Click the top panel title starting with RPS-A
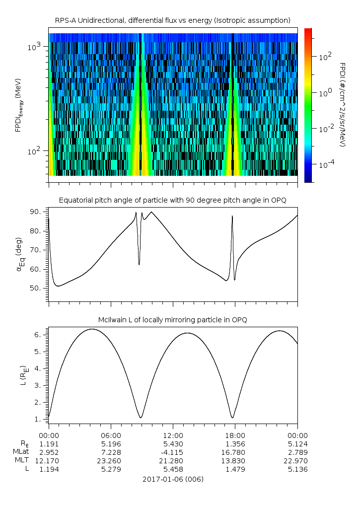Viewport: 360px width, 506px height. click(x=172, y=20)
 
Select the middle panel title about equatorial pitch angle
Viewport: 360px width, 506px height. click(x=172, y=200)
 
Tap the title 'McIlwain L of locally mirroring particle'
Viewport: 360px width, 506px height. click(x=172, y=319)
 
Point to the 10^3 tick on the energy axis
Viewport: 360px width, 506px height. click(x=35, y=47)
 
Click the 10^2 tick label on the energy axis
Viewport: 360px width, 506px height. click(x=35, y=151)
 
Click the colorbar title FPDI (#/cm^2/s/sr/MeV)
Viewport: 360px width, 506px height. click(x=342, y=104)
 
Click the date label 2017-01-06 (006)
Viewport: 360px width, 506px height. click(x=172, y=479)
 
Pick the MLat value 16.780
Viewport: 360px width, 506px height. click(x=235, y=452)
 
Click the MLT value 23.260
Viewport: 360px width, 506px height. click(x=111, y=460)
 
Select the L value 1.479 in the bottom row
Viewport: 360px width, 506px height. click(x=235, y=469)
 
